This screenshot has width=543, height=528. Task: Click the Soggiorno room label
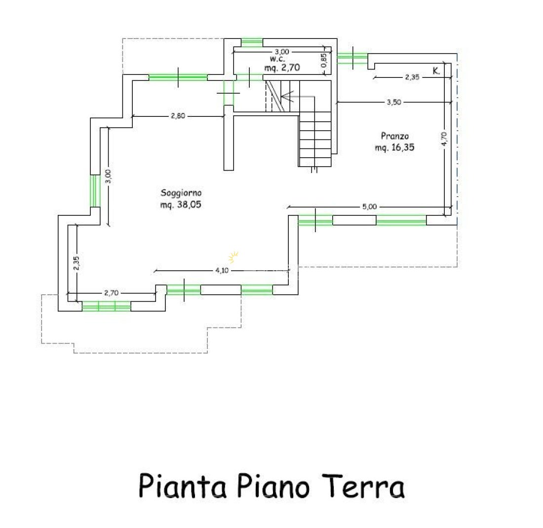(x=181, y=193)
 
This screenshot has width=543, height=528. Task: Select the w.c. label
(x=271, y=58)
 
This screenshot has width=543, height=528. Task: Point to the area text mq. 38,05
(x=181, y=203)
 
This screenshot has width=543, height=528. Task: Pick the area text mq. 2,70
(x=282, y=68)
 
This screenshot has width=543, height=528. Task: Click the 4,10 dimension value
(x=221, y=270)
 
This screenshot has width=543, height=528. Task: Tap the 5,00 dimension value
(x=369, y=207)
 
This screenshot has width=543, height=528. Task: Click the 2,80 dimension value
(x=178, y=116)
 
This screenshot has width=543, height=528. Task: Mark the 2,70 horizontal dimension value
(x=111, y=293)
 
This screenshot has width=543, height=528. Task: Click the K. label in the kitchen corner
(x=436, y=71)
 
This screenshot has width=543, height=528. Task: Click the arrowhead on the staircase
(x=286, y=97)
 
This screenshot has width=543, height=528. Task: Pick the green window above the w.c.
(x=252, y=42)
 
